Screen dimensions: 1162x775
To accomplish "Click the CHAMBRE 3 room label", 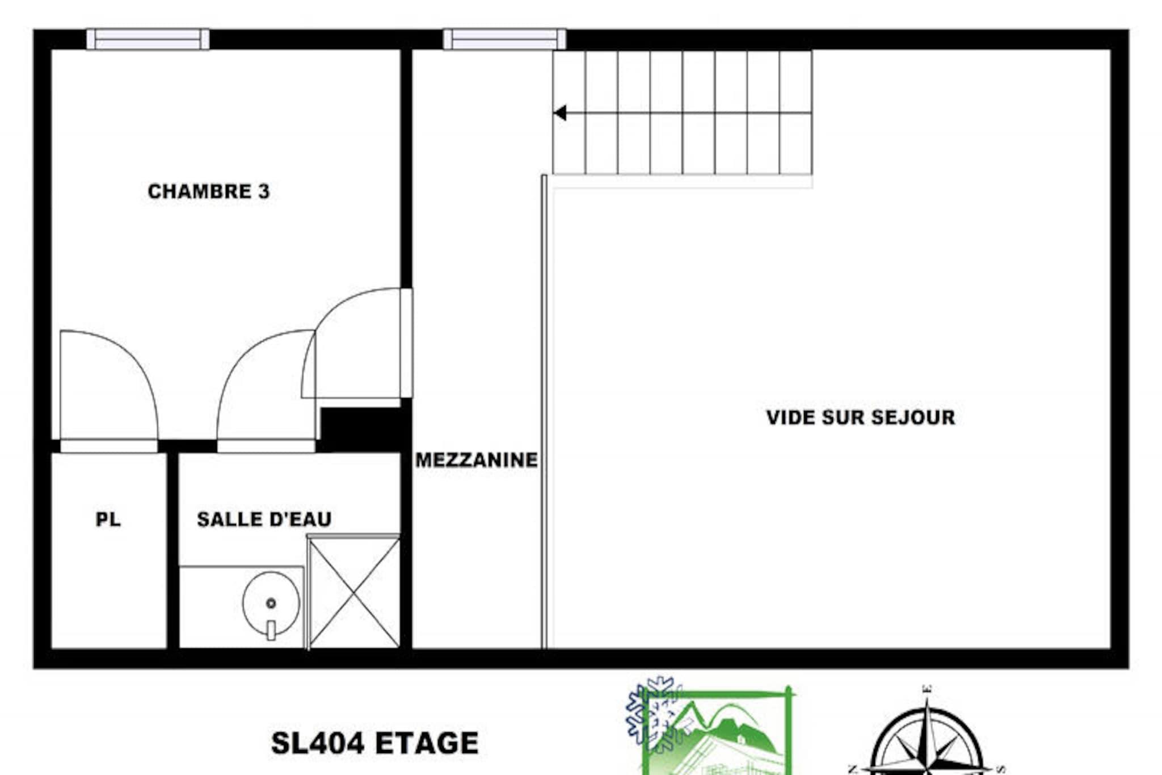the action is (x=209, y=191).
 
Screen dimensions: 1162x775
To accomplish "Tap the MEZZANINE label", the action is (x=477, y=460).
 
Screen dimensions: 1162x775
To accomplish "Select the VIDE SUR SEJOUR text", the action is (x=861, y=417).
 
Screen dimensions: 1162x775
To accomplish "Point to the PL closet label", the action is (x=108, y=520).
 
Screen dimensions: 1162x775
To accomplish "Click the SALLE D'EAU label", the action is (x=264, y=519).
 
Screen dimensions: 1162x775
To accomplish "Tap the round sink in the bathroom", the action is (x=271, y=603).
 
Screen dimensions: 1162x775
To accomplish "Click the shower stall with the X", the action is (x=354, y=592).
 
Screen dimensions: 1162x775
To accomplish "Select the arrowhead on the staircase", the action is (x=560, y=113).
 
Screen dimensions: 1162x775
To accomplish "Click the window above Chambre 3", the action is (x=148, y=39).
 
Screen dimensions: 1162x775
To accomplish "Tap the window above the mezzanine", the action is (x=504, y=39).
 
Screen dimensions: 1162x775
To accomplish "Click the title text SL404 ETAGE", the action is (x=375, y=743).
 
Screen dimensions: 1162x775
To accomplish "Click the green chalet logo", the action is (x=716, y=732).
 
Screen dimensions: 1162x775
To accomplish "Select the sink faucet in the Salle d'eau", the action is (x=271, y=630).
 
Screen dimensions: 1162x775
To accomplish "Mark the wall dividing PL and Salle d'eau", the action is (x=172, y=550).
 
